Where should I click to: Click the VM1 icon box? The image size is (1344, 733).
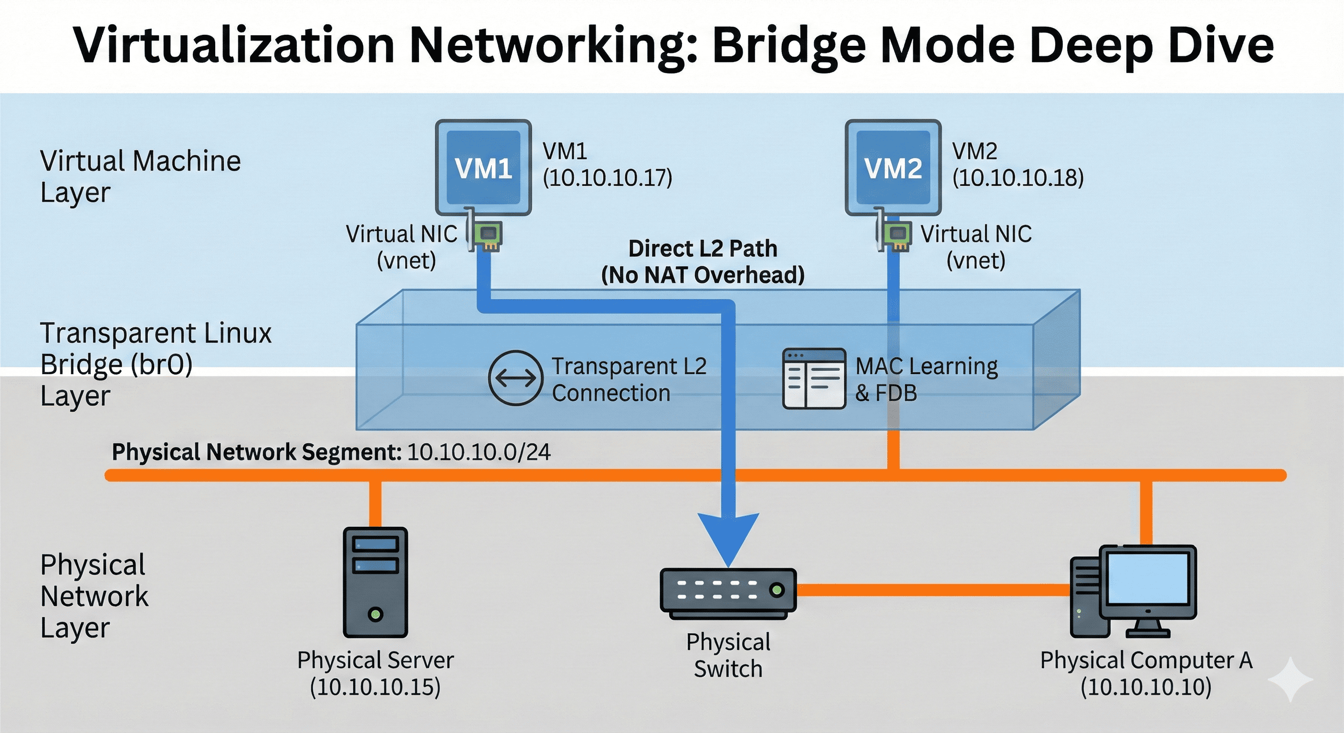coord(483,168)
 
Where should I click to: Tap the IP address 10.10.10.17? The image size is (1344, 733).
coord(607,178)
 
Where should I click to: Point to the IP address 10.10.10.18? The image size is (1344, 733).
coord(1018,178)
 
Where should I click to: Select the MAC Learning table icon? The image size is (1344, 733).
coord(814,378)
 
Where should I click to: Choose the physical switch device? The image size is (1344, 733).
coord(728,592)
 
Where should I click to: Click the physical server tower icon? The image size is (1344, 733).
coord(375,582)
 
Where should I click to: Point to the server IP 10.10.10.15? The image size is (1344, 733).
coord(375,687)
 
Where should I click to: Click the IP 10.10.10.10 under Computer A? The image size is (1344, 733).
coord(1146,687)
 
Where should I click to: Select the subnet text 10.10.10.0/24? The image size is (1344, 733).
coord(478,452)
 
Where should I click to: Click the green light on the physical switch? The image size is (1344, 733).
coord(777,590)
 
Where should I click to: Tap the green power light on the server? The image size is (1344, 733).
coord(375,614)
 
